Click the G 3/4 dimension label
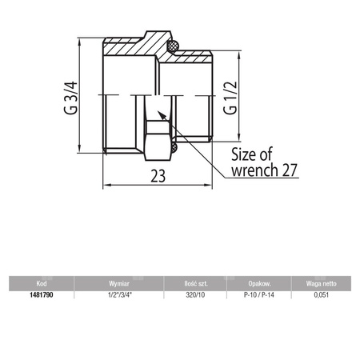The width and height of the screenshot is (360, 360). click(x=72, y=94)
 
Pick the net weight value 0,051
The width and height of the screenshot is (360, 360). click(x=320, y=294)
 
